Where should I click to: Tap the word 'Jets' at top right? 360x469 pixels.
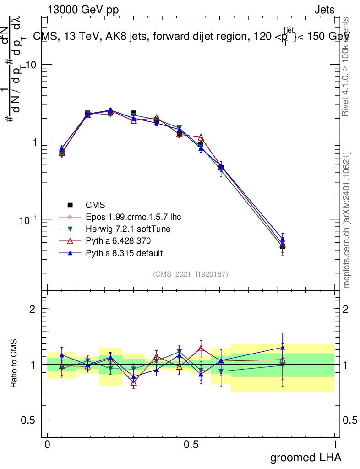(x=324, y=10)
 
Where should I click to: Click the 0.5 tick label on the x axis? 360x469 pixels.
(x=191, y=444)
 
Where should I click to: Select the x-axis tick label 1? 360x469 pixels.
(x=334, y=444)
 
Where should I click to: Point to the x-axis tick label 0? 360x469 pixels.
(x=47, y=444)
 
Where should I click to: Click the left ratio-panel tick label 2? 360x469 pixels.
(x=33, y=309)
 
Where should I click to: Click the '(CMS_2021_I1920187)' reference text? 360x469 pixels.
(x=191, y=274)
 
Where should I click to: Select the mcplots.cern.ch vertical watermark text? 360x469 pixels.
(x=347, y=220)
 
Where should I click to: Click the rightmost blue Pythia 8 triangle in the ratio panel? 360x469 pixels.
(x=283, y=348)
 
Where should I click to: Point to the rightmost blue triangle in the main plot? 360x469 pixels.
(x=283, y=239)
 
